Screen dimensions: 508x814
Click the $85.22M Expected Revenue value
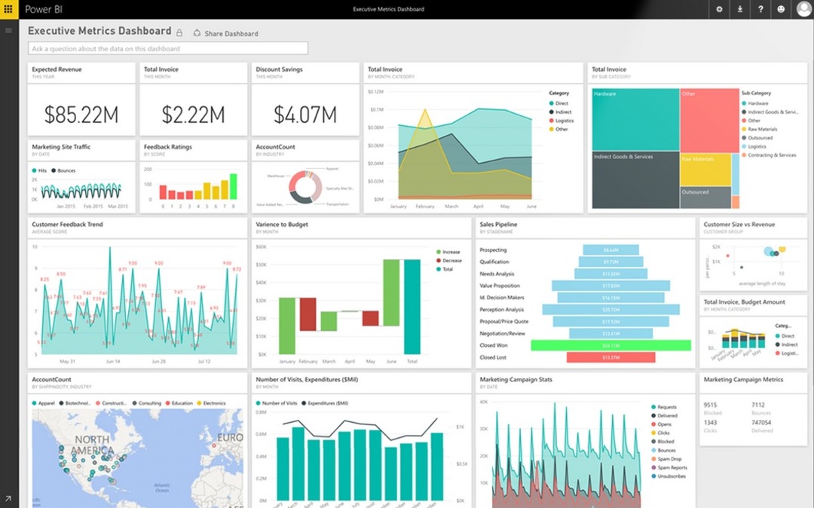click(81, 115)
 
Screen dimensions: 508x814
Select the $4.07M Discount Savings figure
click(305, 115)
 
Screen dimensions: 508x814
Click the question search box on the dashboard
click(168, 49)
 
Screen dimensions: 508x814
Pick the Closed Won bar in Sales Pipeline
click(610, 345)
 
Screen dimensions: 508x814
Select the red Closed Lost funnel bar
click(610, 357)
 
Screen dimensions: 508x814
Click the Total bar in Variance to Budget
click(412, 307)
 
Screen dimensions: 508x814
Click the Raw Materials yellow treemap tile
click(705, 170)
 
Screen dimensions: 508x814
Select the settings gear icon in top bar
click(719, 9)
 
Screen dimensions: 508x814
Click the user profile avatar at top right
click(803, 9)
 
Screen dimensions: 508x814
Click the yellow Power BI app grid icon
click(8, 9)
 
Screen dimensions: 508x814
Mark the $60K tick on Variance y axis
click(262, 246)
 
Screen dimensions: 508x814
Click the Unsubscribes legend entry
click(671, 476)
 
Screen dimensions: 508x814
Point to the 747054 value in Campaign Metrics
click(762, 422)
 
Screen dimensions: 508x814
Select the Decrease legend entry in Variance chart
click(451, 261)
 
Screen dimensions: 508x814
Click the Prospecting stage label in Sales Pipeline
click(494, 249)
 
